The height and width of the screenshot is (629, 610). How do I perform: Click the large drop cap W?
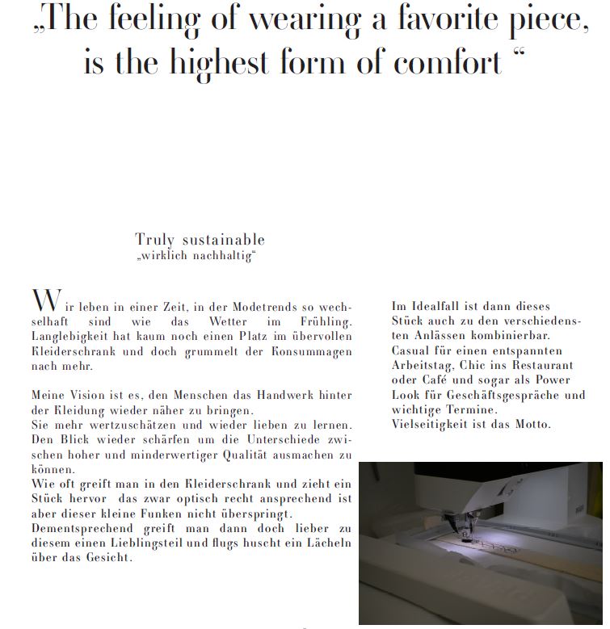click(x=46, y=300)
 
